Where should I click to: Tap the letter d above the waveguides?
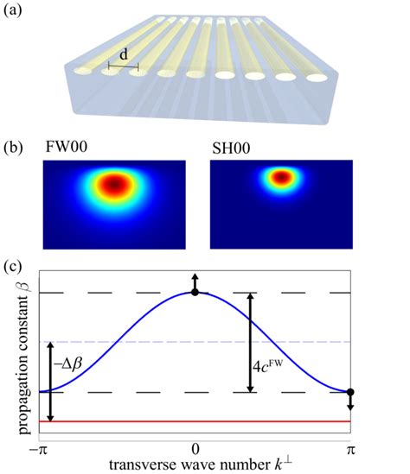click(124, 54)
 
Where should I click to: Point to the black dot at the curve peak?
click(195, 293)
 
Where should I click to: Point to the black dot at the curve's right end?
click(351, 393)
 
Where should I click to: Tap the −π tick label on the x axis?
click(37, 448)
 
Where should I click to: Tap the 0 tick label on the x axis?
click(195, 448)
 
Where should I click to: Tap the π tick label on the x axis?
click(352, 448)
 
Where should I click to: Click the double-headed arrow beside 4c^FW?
click(251, 343)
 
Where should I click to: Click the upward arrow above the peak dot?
click(195, 281)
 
